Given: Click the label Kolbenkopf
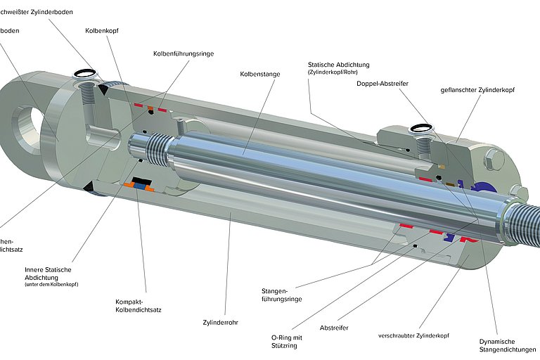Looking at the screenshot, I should pos(101,30).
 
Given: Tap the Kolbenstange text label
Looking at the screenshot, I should pos(257,73).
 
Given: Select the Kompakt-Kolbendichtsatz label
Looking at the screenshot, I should pos(138,306).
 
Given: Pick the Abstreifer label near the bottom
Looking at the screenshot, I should pos(335,328).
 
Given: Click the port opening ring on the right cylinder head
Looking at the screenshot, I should pos(422,129).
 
